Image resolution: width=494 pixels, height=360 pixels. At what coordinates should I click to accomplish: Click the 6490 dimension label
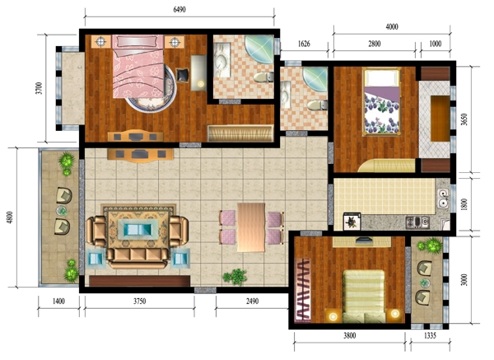179,10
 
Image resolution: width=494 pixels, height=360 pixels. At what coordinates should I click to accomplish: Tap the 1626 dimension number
304,44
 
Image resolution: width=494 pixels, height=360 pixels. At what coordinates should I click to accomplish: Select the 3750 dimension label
140,302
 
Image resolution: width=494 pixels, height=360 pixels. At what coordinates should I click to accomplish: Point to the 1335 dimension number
430,336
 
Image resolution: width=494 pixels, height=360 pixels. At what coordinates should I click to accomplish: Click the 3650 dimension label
464,119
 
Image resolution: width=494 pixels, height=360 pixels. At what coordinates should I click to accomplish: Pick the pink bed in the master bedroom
138,66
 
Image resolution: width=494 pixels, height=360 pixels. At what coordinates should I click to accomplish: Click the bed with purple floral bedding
381,101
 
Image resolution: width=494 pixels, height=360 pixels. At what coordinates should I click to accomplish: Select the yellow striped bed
364,296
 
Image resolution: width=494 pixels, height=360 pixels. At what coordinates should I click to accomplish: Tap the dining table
251,227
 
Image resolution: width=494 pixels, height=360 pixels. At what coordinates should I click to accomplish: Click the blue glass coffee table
138,227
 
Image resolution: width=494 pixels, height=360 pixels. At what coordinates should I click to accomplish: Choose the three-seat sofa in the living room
137,257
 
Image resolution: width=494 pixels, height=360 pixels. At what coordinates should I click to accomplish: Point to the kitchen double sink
443,199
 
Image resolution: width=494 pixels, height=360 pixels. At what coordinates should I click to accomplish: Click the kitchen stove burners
417,222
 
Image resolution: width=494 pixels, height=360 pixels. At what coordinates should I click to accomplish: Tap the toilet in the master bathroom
263,77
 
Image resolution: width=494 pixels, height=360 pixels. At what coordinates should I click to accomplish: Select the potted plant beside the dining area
235,277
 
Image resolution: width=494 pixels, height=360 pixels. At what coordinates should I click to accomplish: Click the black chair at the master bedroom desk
183,75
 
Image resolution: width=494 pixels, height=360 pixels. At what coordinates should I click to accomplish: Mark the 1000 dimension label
435,44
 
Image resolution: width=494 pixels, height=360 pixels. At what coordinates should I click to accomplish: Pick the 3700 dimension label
39,88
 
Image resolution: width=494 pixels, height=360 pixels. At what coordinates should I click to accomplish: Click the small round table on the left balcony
62,211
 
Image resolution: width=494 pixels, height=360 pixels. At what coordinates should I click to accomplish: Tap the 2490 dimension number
252,302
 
